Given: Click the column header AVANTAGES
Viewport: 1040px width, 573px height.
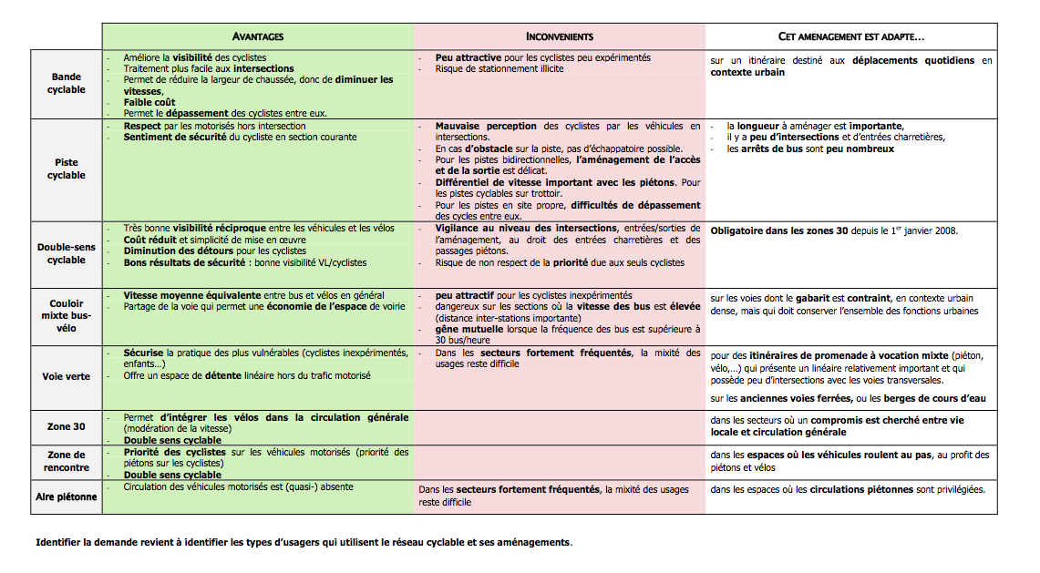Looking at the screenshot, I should [258, 36].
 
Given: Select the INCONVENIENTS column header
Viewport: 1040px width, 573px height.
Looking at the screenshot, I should [560, 36].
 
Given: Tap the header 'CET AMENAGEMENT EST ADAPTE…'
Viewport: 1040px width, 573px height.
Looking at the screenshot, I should [851, 36].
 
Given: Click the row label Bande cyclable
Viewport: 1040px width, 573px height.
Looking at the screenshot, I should [67, 84].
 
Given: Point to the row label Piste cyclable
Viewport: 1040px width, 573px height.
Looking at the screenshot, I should [67, 169].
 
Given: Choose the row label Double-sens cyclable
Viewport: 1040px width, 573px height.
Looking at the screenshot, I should [67, 253].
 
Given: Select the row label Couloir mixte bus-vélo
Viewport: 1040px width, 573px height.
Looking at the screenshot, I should [67, 315].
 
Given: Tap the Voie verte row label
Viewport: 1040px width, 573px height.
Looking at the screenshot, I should [67, 376].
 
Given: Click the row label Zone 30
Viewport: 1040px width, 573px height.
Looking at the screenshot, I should [67, 425].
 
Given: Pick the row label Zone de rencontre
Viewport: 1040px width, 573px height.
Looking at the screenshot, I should [67, 461].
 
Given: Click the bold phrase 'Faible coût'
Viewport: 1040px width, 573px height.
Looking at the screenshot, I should [150, 102].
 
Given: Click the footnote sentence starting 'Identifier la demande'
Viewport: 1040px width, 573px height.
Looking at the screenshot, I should [304, 542].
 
